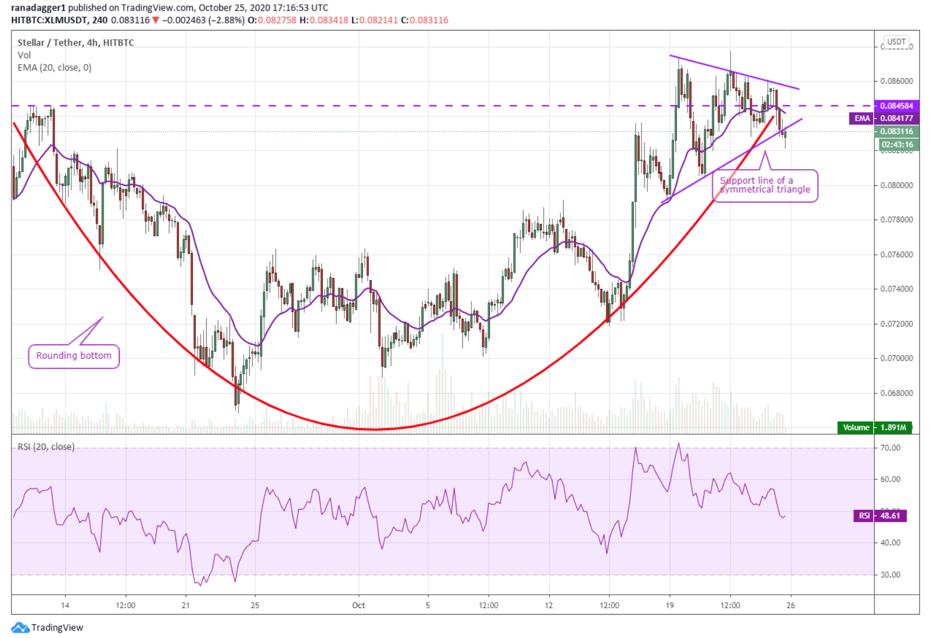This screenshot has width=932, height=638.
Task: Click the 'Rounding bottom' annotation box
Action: coord(74,356)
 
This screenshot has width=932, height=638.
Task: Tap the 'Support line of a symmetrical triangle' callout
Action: coord(765,185)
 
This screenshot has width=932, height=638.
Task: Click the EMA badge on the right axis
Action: coord(862,118)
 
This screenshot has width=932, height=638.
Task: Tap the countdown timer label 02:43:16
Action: coord(897,145)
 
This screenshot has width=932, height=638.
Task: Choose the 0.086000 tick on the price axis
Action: coord(896,81)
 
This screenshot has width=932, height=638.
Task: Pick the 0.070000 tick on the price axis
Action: coord(896,359)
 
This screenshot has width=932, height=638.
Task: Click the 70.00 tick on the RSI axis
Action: coord(890,448)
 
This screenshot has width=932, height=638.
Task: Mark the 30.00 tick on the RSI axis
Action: coord(890,574)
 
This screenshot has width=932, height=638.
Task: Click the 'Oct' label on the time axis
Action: coord(358,605)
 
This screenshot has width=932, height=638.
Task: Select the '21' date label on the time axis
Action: coord(186,605)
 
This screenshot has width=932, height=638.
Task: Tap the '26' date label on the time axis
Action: coord(791,605)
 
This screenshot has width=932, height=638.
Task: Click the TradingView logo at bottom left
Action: coord(48,627)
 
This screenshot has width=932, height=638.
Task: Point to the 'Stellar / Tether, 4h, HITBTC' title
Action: coord(75,43)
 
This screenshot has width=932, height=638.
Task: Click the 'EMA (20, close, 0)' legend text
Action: coord(55,68)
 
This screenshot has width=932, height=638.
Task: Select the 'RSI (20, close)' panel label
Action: coord(46,447)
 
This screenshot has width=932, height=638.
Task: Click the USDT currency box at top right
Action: coord(896,42)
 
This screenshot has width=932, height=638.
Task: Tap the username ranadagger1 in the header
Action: coord(38,8)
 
